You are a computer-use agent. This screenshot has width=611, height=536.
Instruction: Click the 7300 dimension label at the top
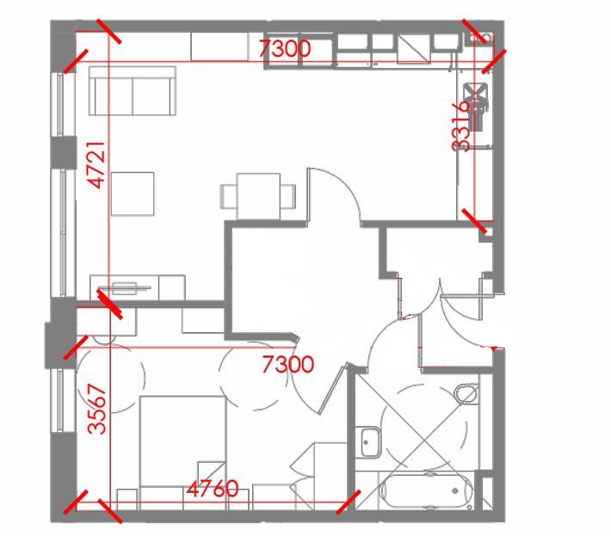(285, 50)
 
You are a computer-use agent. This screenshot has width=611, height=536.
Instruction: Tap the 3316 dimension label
(462, 126)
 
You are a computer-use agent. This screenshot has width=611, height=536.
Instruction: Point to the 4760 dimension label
(213, 490)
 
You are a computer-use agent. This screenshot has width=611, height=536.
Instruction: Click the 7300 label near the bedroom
(288, 365)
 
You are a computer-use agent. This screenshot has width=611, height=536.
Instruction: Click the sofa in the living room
(132, 93)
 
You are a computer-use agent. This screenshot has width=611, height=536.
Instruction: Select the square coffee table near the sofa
(133, 194)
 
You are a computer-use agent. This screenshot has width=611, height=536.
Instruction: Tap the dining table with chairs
(258, 192)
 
